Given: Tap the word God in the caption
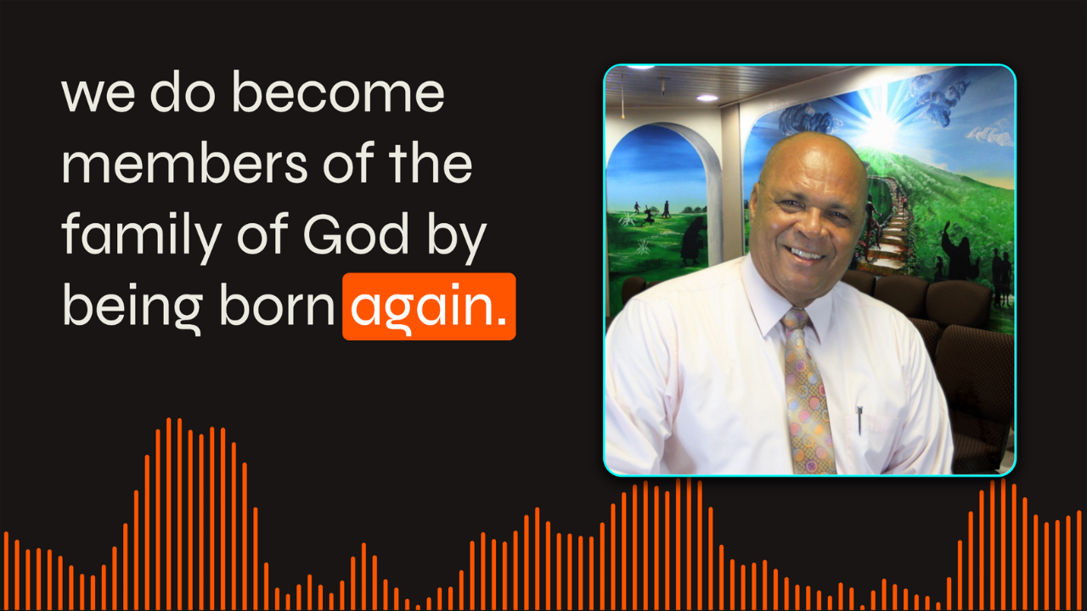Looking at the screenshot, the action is coord(356,235).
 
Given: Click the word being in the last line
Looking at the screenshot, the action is coord(132,309).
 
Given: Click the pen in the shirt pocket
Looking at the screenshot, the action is coord(859,420).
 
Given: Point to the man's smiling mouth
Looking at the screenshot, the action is coord(806,253).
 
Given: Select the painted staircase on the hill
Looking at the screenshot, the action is coord(888,223).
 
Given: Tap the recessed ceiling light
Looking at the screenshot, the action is coord(707,98).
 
